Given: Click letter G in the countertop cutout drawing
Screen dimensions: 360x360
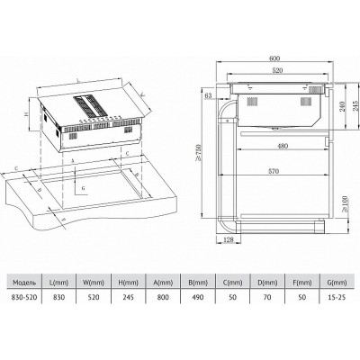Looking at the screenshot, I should click(83, 187).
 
